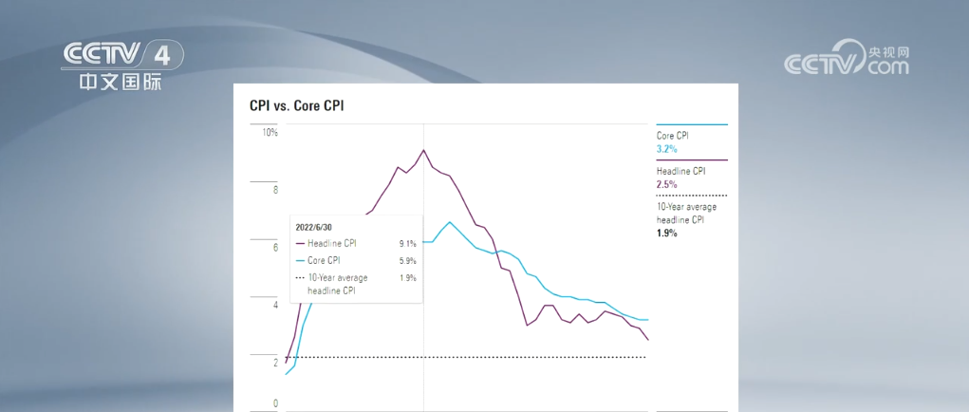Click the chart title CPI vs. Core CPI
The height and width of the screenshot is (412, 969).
coord(296,106)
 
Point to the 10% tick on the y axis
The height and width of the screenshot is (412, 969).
coord(270,133)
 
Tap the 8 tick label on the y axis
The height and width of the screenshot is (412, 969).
coord(275,191)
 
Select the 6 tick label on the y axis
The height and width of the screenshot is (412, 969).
coord(275,248)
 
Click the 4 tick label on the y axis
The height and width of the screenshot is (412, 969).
coord(275,306)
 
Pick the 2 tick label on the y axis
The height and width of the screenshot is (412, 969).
coord(275,364)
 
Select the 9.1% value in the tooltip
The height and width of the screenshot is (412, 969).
coord(407,244)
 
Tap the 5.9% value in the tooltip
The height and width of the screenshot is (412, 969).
coord(407,260)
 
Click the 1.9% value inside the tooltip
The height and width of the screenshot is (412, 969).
coord(407,277)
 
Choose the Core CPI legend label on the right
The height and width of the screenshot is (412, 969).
coord(673,136)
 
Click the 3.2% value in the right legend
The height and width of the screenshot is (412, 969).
coord(666,149)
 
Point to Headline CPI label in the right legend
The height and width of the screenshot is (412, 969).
coord(680,172)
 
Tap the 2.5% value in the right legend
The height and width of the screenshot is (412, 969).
coord(666,184)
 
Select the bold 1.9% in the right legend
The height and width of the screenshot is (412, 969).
coord(666,233)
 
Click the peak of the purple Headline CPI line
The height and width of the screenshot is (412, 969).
coord(423,150)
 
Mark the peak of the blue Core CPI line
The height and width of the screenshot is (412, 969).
coord(449,222)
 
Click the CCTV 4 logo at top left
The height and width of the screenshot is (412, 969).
coord(121,65)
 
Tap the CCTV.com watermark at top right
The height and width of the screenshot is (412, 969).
coord(846,60)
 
